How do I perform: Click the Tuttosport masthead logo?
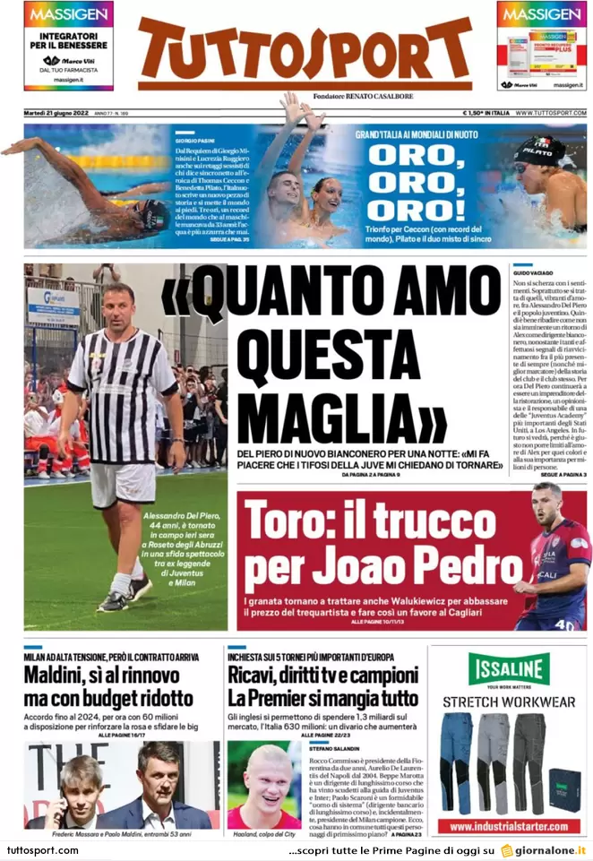pos(305,52)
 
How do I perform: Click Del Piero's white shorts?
pos(122,485)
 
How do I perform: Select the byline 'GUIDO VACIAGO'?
pos(535,270)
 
